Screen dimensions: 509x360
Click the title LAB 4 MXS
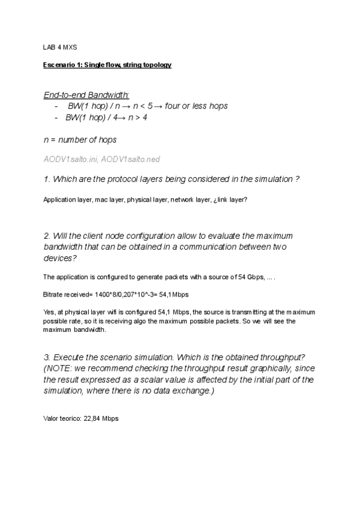tap(61, 46)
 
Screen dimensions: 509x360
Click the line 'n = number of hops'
tap(80, 140)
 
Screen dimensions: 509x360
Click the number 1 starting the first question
tap(46, 179)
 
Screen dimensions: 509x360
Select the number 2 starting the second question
tap(46, 236)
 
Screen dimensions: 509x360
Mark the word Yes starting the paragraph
tap(49, 312)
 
